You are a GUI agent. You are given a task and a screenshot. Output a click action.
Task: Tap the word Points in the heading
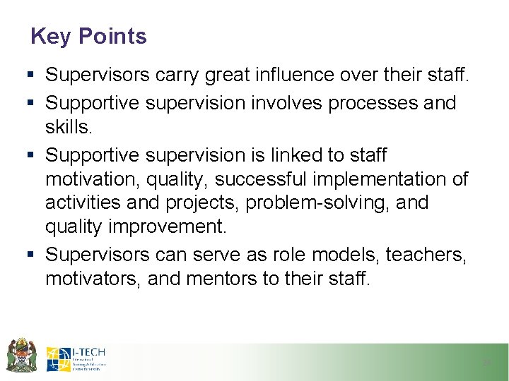coord(113,36)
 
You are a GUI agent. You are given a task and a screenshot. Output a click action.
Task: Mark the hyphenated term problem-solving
coord(291,203)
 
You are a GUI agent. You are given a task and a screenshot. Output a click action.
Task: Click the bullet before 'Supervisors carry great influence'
coord(35,74)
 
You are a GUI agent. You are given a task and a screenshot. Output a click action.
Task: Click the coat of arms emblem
coord(21,354)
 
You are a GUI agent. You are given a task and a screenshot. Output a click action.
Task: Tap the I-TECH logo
coord(76,359)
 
